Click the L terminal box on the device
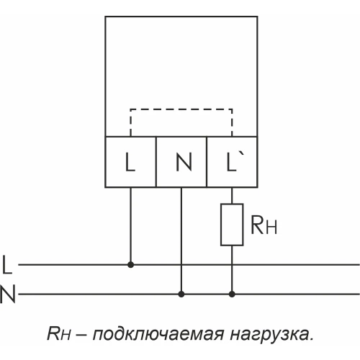130,162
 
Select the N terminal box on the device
181,162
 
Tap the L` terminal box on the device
232,162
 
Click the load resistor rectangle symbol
232,225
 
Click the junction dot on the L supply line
130,264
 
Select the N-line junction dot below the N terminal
181,294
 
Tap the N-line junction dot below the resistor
232,294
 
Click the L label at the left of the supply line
7,265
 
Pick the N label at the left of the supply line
8,294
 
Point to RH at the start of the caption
58,334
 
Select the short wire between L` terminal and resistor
232,196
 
